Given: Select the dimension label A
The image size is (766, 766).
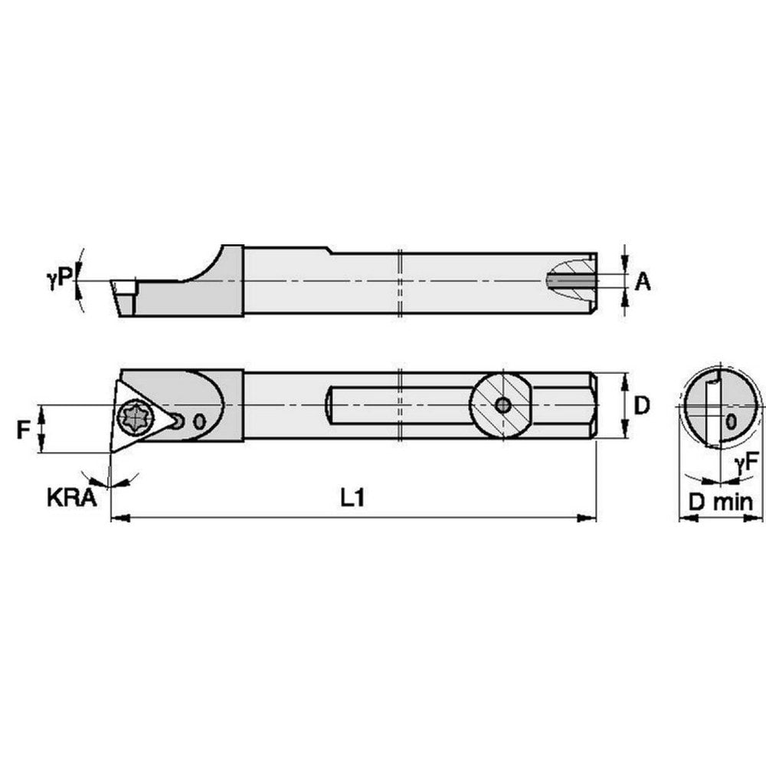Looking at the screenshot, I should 643,283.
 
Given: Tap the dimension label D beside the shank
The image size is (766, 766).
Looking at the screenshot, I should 642,405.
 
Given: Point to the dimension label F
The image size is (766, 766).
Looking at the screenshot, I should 24,430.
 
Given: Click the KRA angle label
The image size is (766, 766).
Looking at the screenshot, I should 71,499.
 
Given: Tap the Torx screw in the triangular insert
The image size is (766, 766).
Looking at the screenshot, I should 135,418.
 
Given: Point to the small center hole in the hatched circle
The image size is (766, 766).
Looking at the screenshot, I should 502,405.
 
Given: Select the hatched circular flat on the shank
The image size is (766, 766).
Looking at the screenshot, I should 502,405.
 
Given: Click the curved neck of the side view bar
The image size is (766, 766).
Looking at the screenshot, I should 203,268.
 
